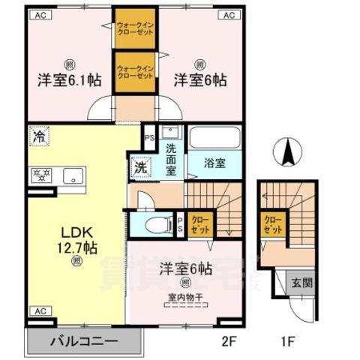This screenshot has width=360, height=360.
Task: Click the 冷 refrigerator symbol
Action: [37, 136]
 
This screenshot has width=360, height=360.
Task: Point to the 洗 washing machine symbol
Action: [139, 168]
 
